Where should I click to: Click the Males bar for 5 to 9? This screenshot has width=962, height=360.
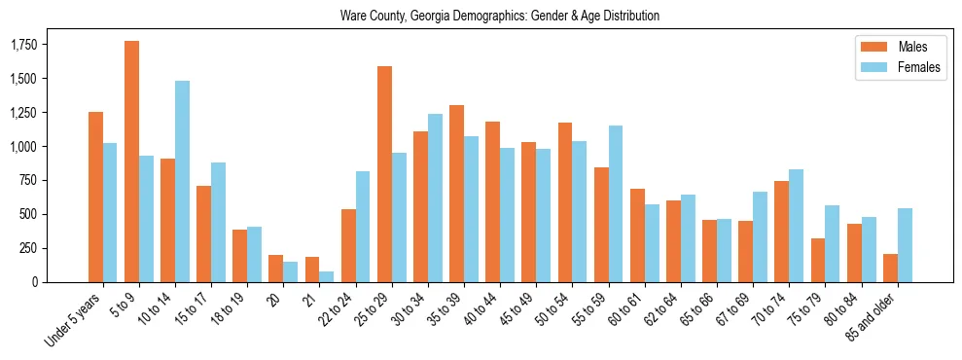coord(131,162)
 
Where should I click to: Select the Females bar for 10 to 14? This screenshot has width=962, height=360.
coord(182,181)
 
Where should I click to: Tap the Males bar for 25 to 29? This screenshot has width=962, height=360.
coord(384,174)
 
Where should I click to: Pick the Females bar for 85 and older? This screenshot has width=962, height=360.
coord(905,245)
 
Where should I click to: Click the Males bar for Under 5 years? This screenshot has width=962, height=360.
coord(95,197)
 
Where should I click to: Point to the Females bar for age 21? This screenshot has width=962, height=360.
coord(327,276)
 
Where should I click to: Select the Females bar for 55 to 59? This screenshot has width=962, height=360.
coord(616,203)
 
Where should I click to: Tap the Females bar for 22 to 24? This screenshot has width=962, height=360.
coord(363,227)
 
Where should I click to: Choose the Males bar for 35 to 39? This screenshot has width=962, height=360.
coord(456,194)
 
